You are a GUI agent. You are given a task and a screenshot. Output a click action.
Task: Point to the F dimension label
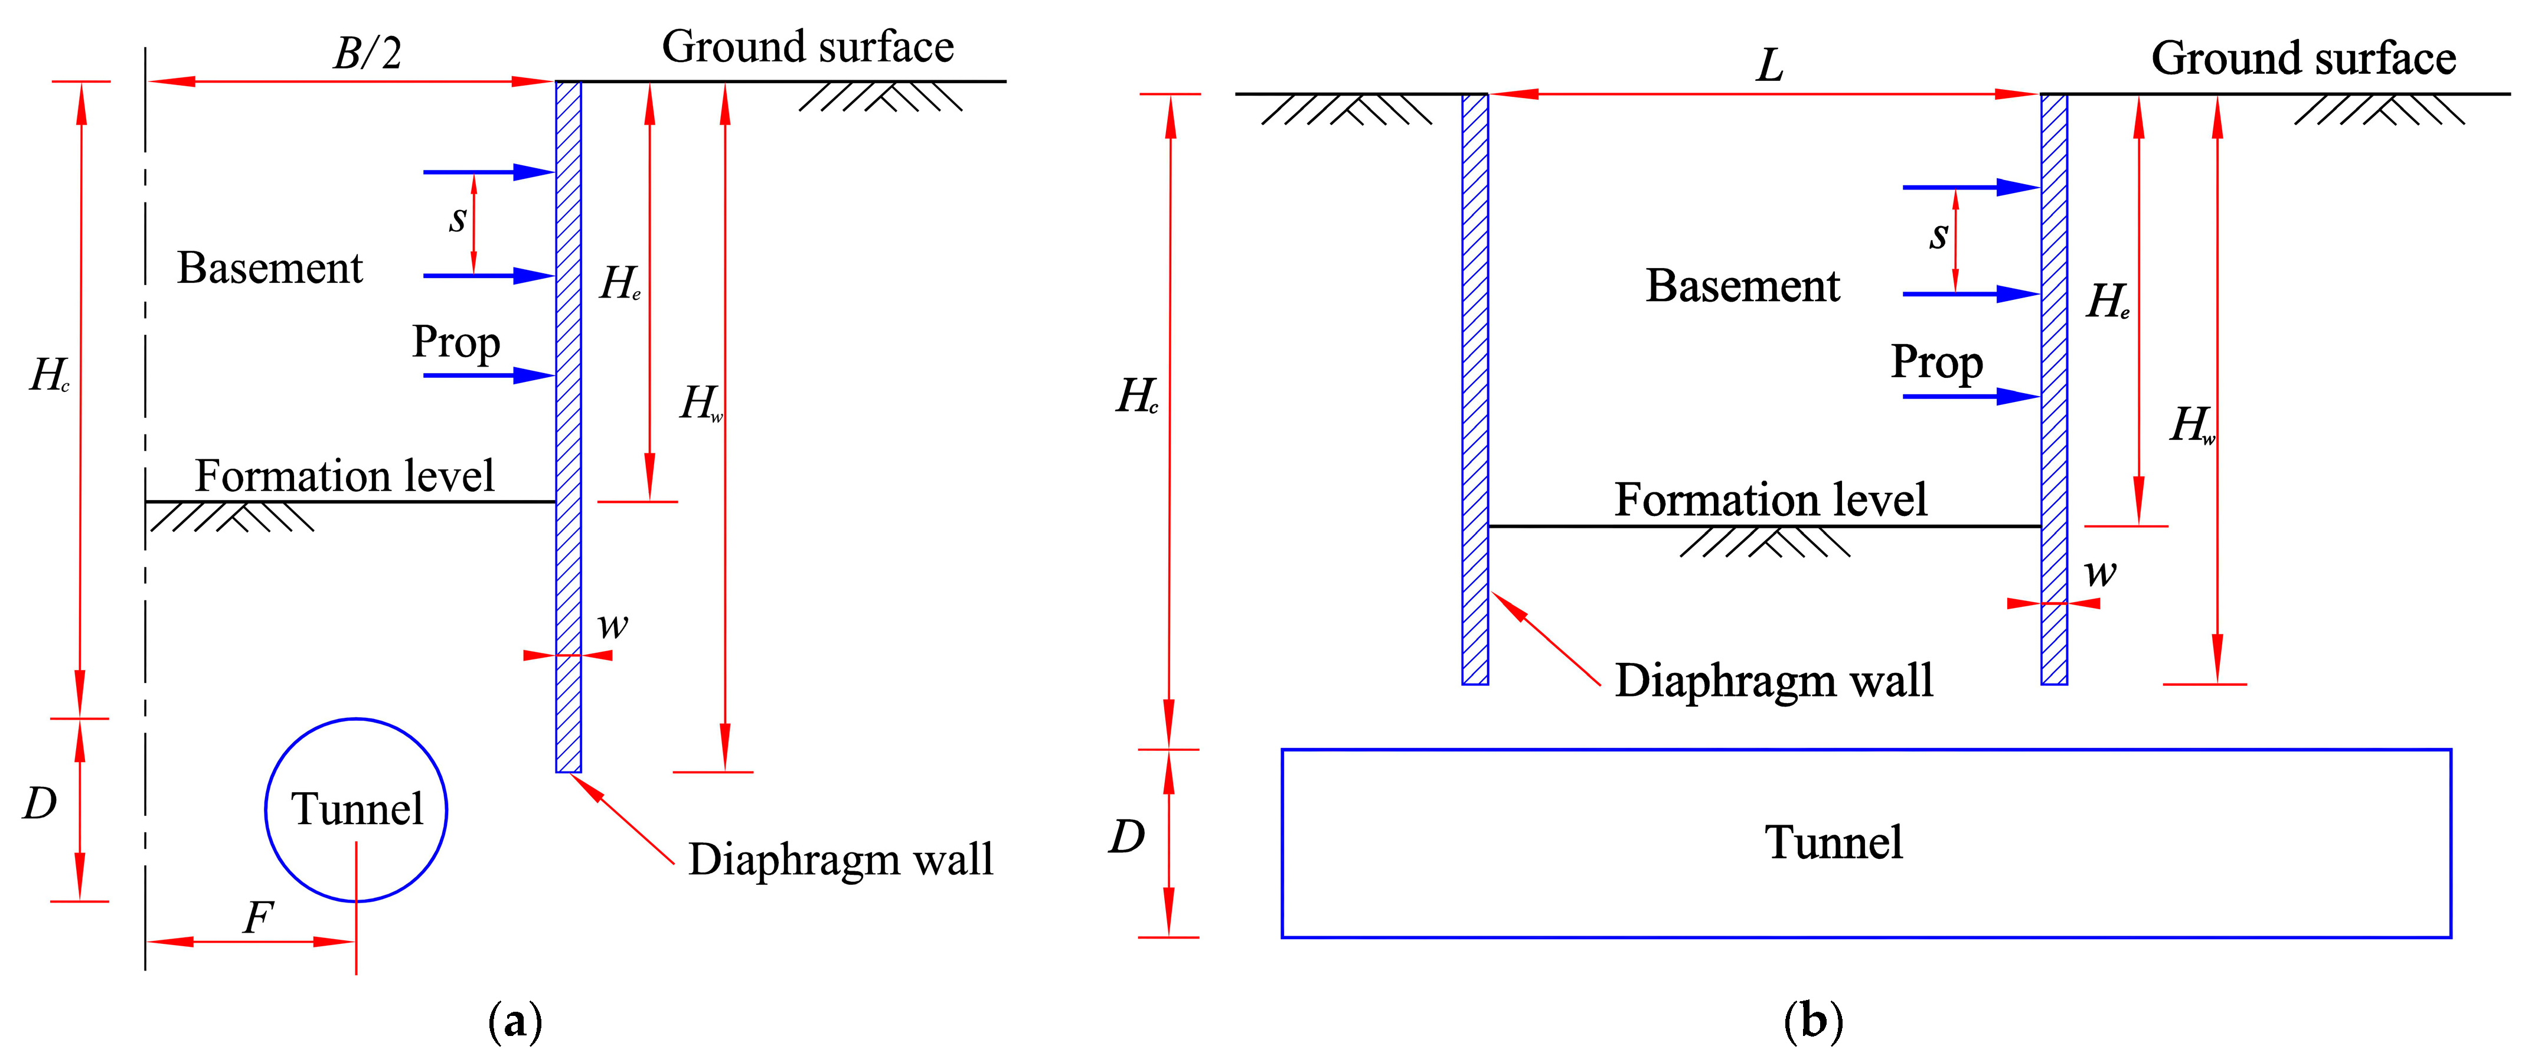257,918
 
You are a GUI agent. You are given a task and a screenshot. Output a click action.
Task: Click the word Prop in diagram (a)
456,342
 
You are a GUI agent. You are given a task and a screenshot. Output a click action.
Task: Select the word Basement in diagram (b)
1743,286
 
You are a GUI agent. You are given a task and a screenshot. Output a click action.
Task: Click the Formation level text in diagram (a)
344,476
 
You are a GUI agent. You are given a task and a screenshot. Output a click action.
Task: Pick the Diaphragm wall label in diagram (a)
840,859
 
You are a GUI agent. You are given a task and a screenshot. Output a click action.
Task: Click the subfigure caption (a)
514,1022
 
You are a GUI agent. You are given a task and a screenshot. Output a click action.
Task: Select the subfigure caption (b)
1812,1022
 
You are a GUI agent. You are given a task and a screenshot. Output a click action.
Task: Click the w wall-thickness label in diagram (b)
2100,572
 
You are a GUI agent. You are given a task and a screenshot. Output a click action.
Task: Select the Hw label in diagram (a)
701,403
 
